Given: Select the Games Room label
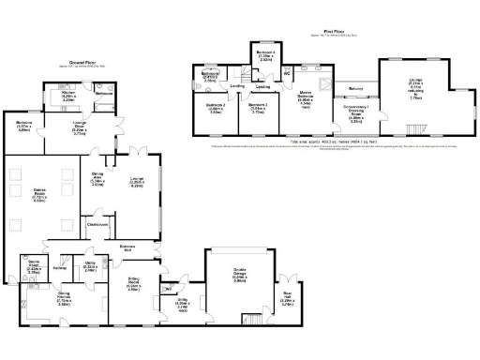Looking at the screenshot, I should tap(39, 197).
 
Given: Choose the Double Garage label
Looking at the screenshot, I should tap(239, 277).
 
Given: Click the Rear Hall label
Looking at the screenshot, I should tap(288, 302).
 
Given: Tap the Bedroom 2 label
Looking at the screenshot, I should tap(220, 109).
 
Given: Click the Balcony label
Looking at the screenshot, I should tap(355, 89).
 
